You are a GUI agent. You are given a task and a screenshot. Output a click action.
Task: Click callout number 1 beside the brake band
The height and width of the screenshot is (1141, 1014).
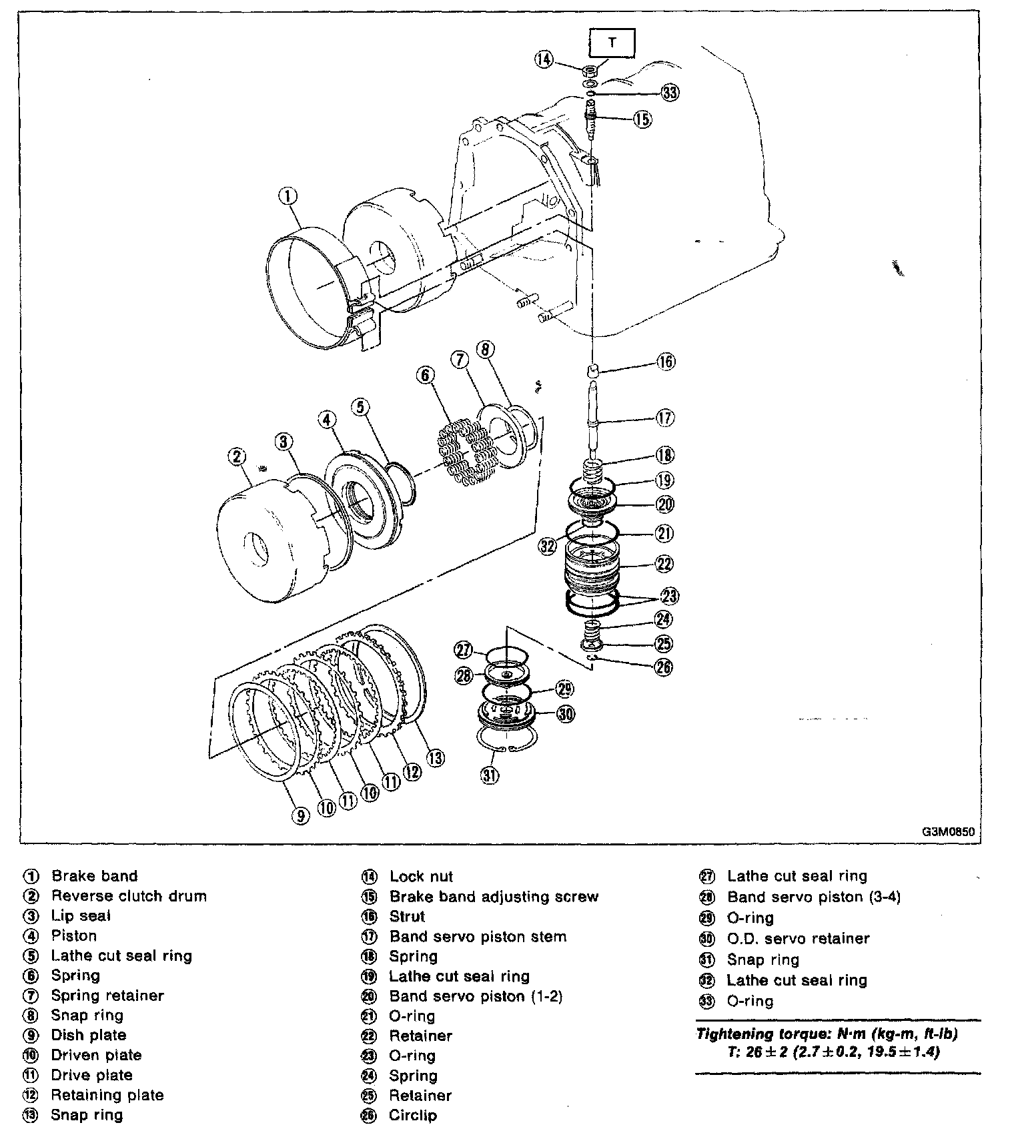pos(288,196)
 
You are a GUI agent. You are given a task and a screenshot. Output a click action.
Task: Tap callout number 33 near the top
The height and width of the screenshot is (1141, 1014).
pos(669,93)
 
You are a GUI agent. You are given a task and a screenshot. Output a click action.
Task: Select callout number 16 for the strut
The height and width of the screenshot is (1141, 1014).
pos(665,362)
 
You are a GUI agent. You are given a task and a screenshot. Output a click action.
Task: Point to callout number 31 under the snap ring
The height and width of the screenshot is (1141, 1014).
pos(490,775)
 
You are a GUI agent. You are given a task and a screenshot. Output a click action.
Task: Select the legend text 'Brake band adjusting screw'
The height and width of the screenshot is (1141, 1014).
pos(494,896)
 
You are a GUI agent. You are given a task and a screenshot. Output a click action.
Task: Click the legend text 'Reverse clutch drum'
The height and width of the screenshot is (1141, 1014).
pos(129,895)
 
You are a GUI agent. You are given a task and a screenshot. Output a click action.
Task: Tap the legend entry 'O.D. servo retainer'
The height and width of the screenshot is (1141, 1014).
pos(798,938)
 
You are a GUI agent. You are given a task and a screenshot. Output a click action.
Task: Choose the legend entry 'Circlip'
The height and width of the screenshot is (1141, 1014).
pos(413,1115)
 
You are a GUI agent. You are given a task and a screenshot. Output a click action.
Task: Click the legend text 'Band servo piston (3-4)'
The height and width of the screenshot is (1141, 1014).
pos(813,897)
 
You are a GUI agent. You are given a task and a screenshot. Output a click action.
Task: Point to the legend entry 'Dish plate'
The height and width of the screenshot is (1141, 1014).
pos(89,1035)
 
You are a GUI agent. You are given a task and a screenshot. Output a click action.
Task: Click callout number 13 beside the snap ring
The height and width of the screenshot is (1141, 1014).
pos(435,758)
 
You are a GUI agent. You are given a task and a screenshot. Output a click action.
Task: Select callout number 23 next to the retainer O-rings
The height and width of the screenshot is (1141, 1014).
pos(668,595)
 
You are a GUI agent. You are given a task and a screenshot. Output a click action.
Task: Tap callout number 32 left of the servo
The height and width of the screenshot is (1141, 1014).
pos(548,546)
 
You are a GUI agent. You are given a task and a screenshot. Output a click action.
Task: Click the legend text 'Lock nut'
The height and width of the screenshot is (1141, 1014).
pos(421,876)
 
